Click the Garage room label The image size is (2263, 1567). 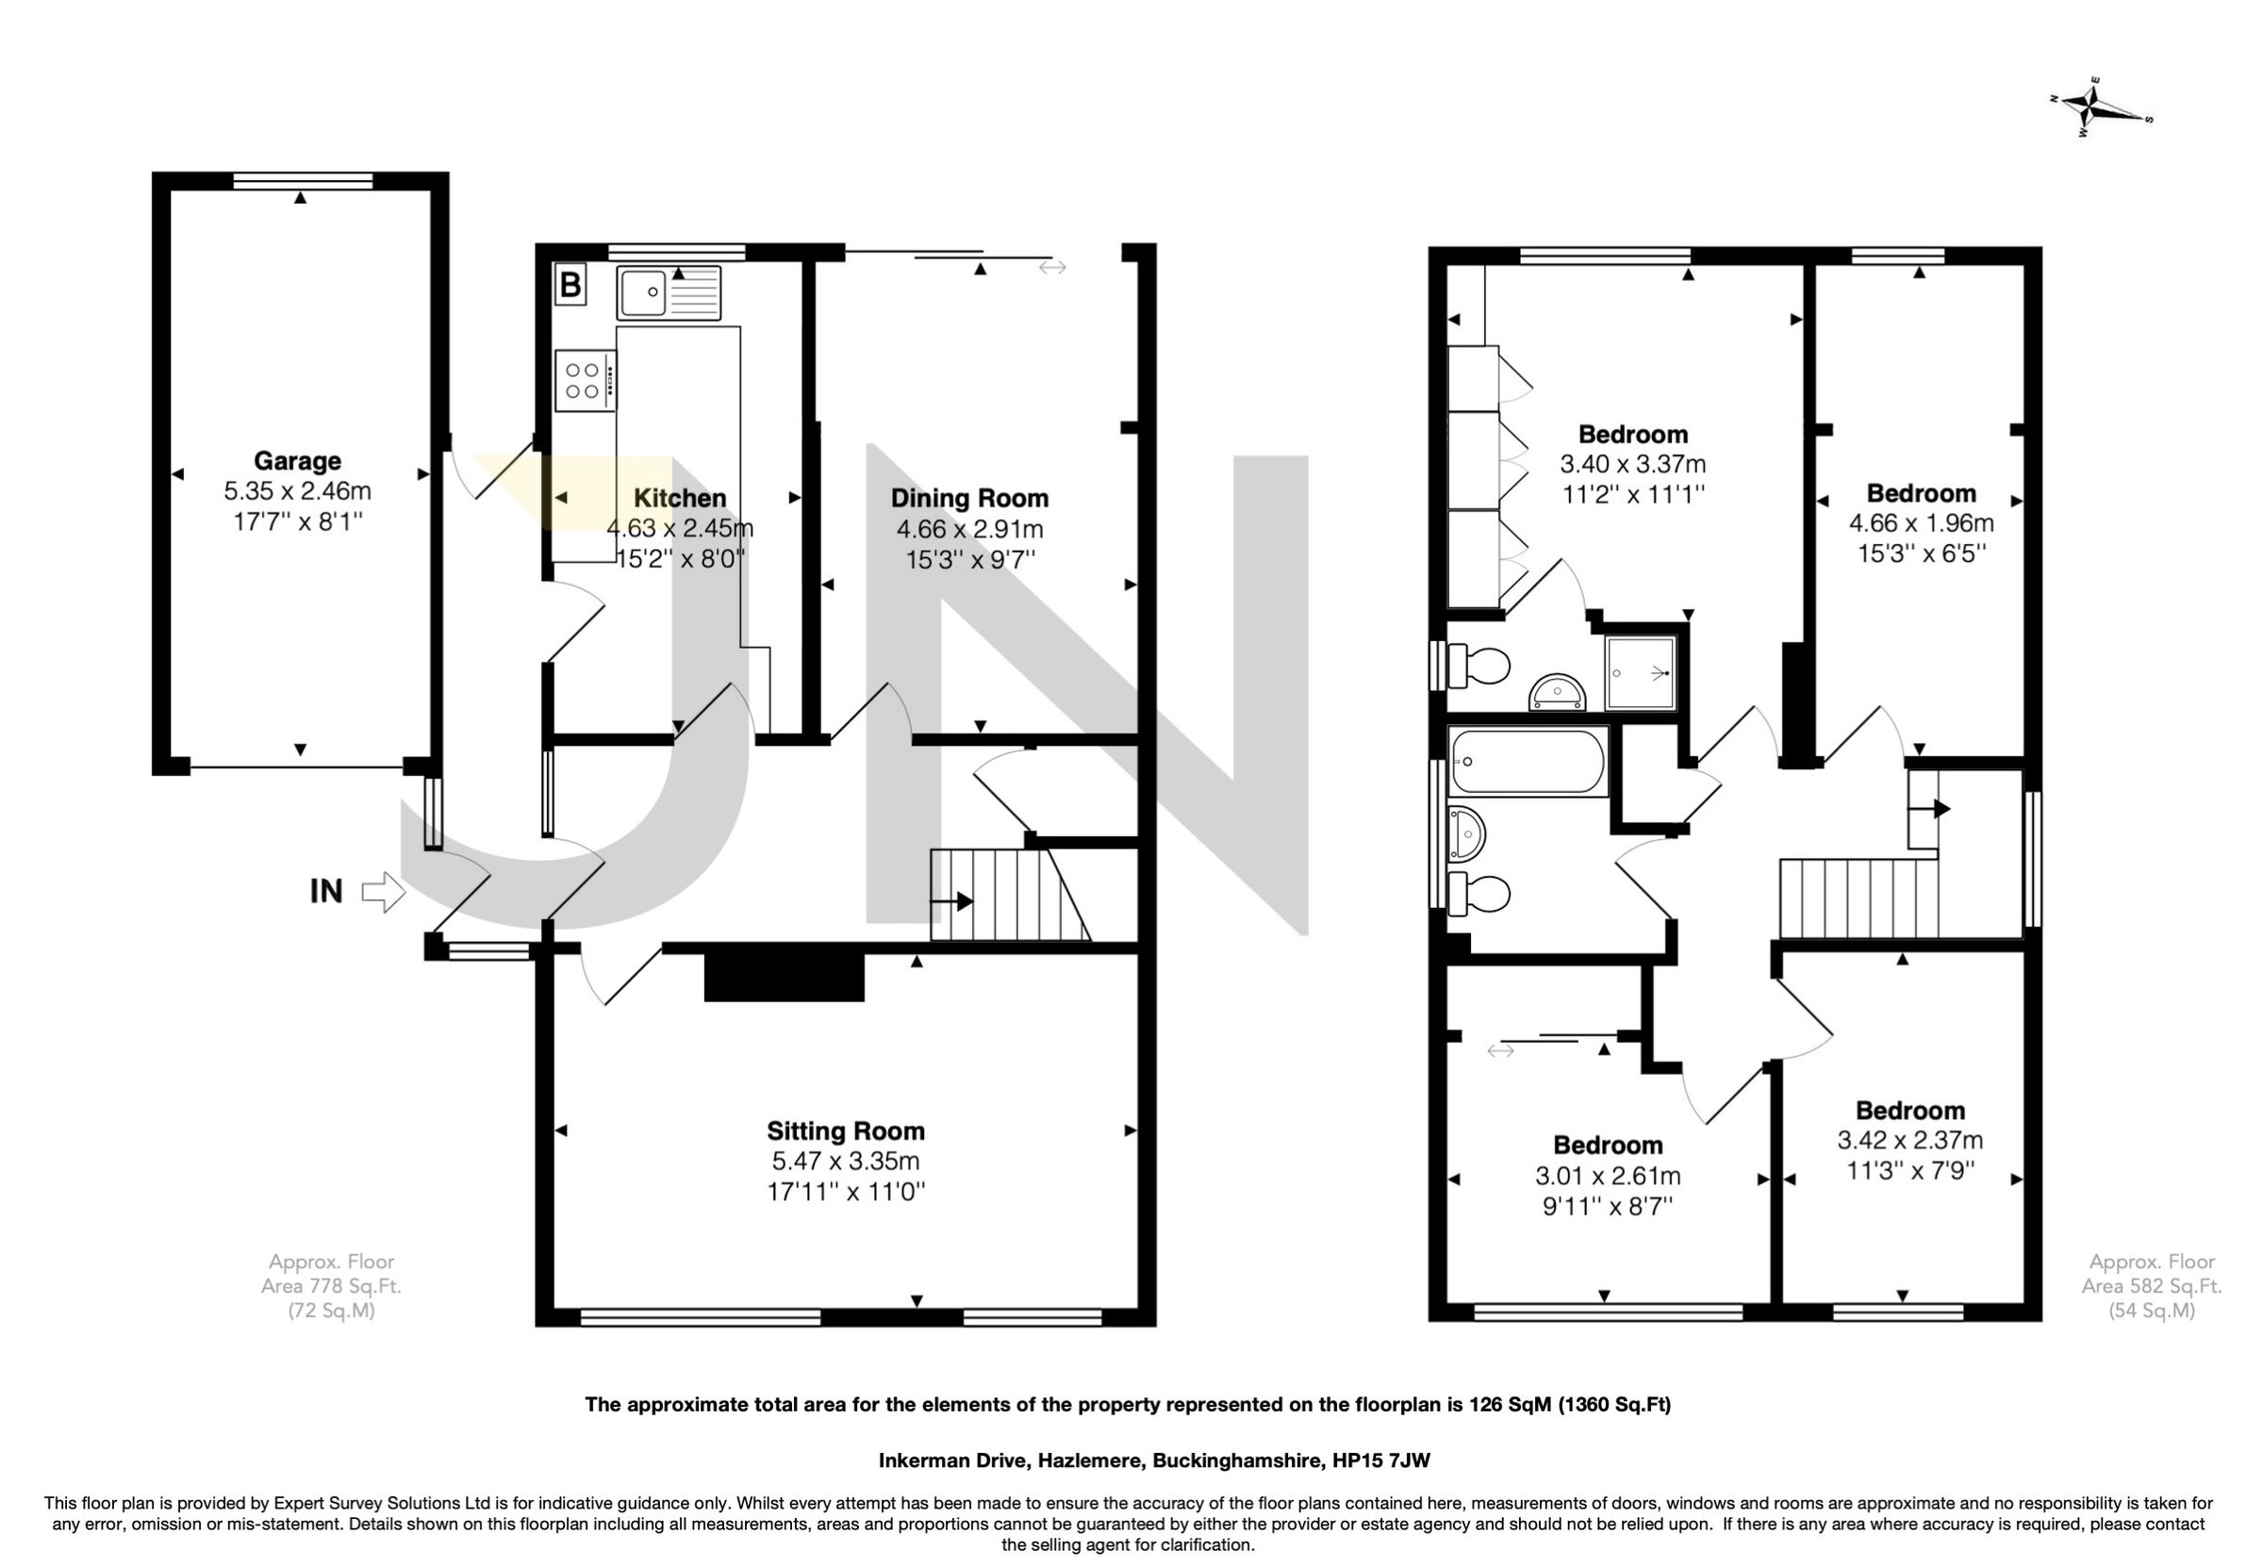297,460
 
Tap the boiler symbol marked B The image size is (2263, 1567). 570,286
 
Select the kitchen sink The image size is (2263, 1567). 669,292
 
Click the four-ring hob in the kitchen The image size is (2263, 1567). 585,381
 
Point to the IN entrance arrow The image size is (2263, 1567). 384,893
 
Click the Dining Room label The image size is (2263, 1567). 969,499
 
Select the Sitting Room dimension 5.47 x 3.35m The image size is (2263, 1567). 845,1162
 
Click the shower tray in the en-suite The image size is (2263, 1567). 1640,672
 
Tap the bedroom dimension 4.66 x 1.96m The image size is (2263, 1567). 1921,523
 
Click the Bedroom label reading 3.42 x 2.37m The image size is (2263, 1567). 1909,1111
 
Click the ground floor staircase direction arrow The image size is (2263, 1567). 951,901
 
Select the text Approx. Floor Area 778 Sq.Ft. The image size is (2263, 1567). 331,1285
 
